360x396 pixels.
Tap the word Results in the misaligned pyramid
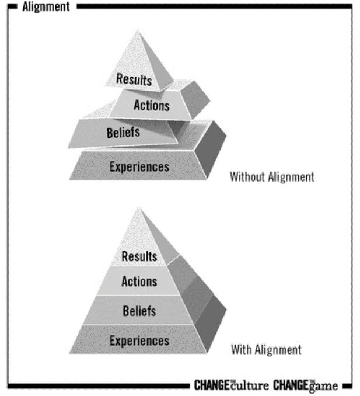pos(134,79)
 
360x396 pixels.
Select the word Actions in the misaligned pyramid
pos(151,106)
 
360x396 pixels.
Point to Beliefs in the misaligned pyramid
pos(123,133)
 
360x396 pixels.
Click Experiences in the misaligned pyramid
pos(139,167)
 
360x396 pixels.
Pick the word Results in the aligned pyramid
pos(139,256)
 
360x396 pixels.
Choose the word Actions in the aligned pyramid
pos(139,282)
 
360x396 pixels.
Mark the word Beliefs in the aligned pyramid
pos(139,311)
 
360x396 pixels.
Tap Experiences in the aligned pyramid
pos(139,340)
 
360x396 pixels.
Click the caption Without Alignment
pos(271,176)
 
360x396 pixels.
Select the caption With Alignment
pos(266,350)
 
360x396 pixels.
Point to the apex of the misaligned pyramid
pos(139,32)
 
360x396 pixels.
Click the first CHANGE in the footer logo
pos(212,385)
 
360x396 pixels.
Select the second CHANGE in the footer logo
pos(290,385)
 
